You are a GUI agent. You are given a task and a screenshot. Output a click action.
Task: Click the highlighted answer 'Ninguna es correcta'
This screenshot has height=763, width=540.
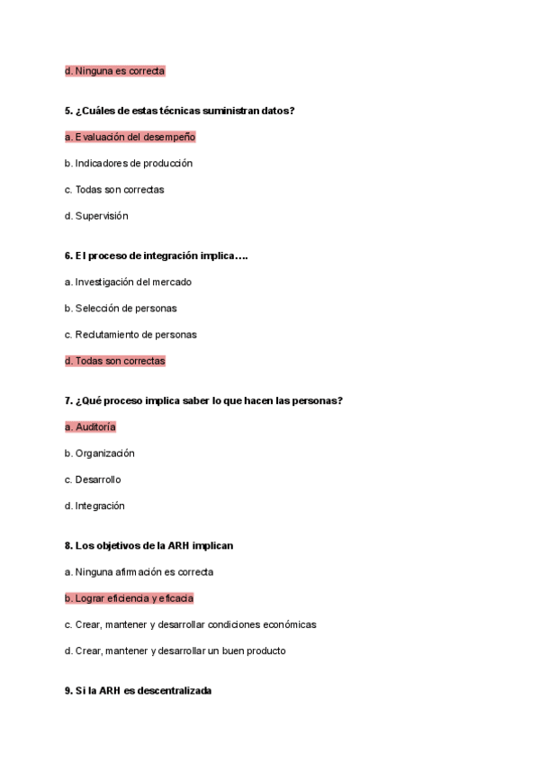(114, 70)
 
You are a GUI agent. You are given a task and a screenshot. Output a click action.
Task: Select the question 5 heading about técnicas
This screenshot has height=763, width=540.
(180, 111)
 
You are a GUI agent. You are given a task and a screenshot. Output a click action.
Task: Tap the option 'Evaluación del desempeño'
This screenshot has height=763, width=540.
(130, 137)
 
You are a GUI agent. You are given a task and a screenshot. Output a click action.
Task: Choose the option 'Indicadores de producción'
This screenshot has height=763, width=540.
(128, 163)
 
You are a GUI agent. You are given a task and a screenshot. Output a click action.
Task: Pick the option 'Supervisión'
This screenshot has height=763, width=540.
(96, 216)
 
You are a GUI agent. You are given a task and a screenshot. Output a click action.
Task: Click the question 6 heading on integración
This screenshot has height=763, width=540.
(156, 256)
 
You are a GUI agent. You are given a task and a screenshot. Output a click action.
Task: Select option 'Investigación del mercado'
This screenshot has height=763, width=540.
(128, 282)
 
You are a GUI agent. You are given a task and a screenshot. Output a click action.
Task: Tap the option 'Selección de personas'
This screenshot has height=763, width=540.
(120, 308)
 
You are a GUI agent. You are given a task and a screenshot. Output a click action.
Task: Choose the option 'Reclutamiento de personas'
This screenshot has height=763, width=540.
(130, 335)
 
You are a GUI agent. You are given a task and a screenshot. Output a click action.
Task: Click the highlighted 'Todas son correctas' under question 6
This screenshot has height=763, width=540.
(114, 361)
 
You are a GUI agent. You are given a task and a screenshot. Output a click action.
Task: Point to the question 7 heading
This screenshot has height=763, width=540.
(203, 400)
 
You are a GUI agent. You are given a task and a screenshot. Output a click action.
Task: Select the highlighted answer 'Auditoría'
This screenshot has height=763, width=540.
(90, 427)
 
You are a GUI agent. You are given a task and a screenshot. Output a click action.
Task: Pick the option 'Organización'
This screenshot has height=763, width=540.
(99, 453)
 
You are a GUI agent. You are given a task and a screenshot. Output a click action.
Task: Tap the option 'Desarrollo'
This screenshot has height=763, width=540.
(93, 480)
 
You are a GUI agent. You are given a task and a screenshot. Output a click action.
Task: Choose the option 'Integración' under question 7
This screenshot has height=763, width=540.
(94, 506)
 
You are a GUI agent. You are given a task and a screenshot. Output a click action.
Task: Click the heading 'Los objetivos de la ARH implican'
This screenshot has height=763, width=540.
(149, 545)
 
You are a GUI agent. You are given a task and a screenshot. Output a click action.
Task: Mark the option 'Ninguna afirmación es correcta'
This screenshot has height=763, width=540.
(139, 571)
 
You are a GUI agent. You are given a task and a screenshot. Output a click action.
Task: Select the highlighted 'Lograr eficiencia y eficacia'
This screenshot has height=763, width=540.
(129, 598)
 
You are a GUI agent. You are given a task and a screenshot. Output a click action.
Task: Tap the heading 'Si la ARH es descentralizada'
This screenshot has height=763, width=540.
(138, 691)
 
